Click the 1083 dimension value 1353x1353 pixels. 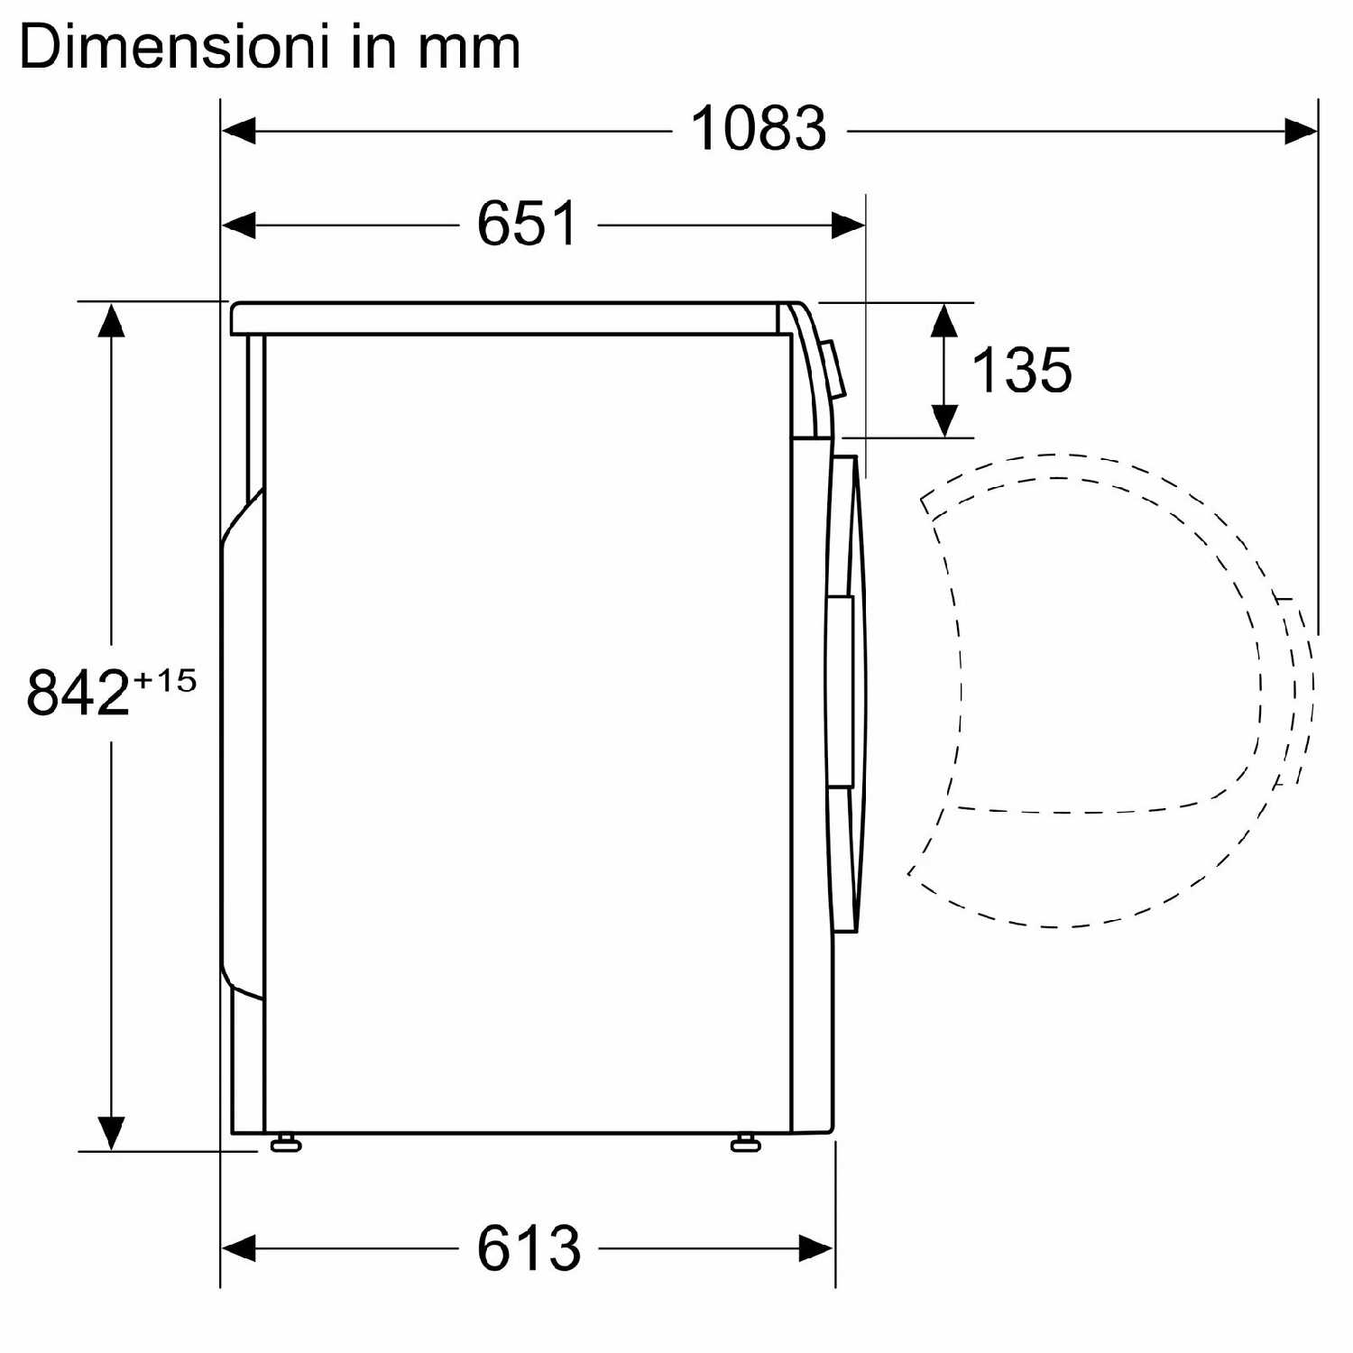[759, 128]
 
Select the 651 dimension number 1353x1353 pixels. [528, 223]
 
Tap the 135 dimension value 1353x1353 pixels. [1021, 370]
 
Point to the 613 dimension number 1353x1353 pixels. [529, 1248]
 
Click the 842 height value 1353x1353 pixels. [78, 692]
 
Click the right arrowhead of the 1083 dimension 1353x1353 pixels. [1301, 131]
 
